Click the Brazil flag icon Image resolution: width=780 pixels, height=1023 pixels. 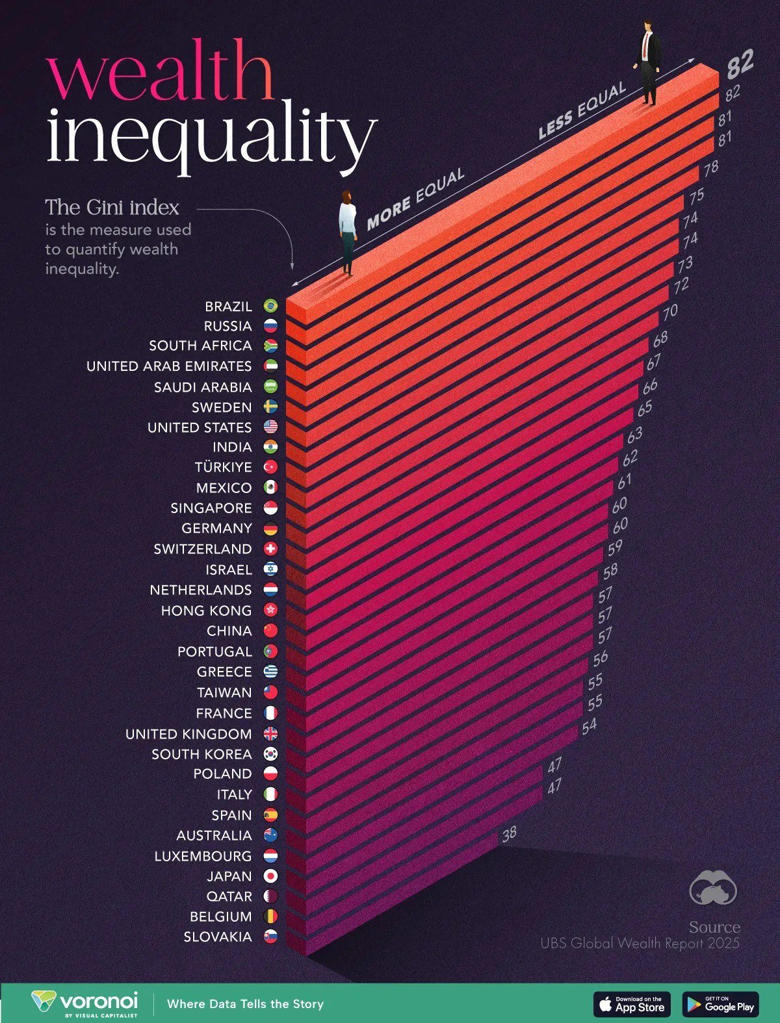point(270,306)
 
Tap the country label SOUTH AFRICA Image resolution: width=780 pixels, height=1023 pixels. point(200,346)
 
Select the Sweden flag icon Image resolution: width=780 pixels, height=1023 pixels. point(270,407)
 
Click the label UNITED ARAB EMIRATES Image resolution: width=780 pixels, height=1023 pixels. point(169,366)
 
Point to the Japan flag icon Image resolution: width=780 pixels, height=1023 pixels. point(270,876)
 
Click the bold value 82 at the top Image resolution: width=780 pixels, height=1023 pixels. point(740,64)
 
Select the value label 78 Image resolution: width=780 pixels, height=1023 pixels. point(710,167)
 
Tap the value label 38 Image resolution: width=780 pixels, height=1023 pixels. point(509,833)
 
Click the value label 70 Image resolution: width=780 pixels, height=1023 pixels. point(669,312)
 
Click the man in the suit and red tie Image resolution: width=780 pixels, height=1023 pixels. point(648,62)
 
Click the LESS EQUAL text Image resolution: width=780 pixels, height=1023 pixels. point(581,111)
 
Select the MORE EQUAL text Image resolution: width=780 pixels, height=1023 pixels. point(415,199)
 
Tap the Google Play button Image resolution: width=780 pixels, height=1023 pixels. point(720,1004)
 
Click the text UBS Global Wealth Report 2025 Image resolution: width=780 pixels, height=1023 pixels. point(640,943)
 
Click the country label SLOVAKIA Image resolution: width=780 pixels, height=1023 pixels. point(217,937)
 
